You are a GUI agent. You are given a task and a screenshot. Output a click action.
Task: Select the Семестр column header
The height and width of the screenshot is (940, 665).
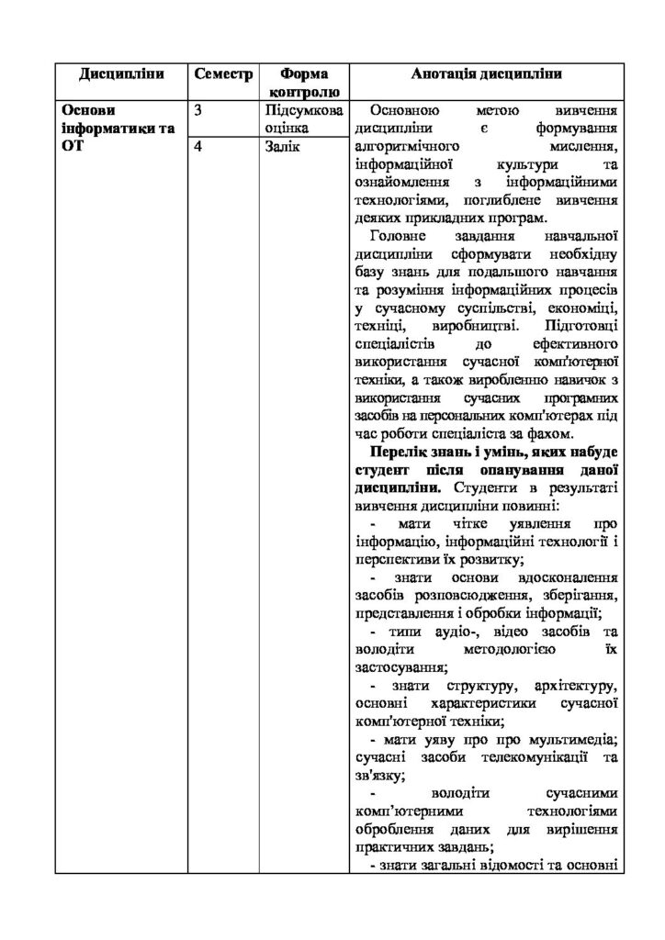[x=223, y=73]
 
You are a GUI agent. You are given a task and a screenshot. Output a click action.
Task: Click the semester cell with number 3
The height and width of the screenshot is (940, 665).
[x=199, y=110]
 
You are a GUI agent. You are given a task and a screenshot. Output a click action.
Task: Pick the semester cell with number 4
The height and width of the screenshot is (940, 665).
[x=199, y=146]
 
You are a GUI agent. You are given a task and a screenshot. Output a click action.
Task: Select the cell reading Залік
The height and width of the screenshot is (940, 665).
[x=281, y=146]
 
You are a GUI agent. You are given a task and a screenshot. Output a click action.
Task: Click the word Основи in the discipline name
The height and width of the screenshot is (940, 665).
[x=88, y=110]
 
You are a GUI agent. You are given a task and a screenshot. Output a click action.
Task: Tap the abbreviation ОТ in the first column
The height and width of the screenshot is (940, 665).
[x=73, y=146]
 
